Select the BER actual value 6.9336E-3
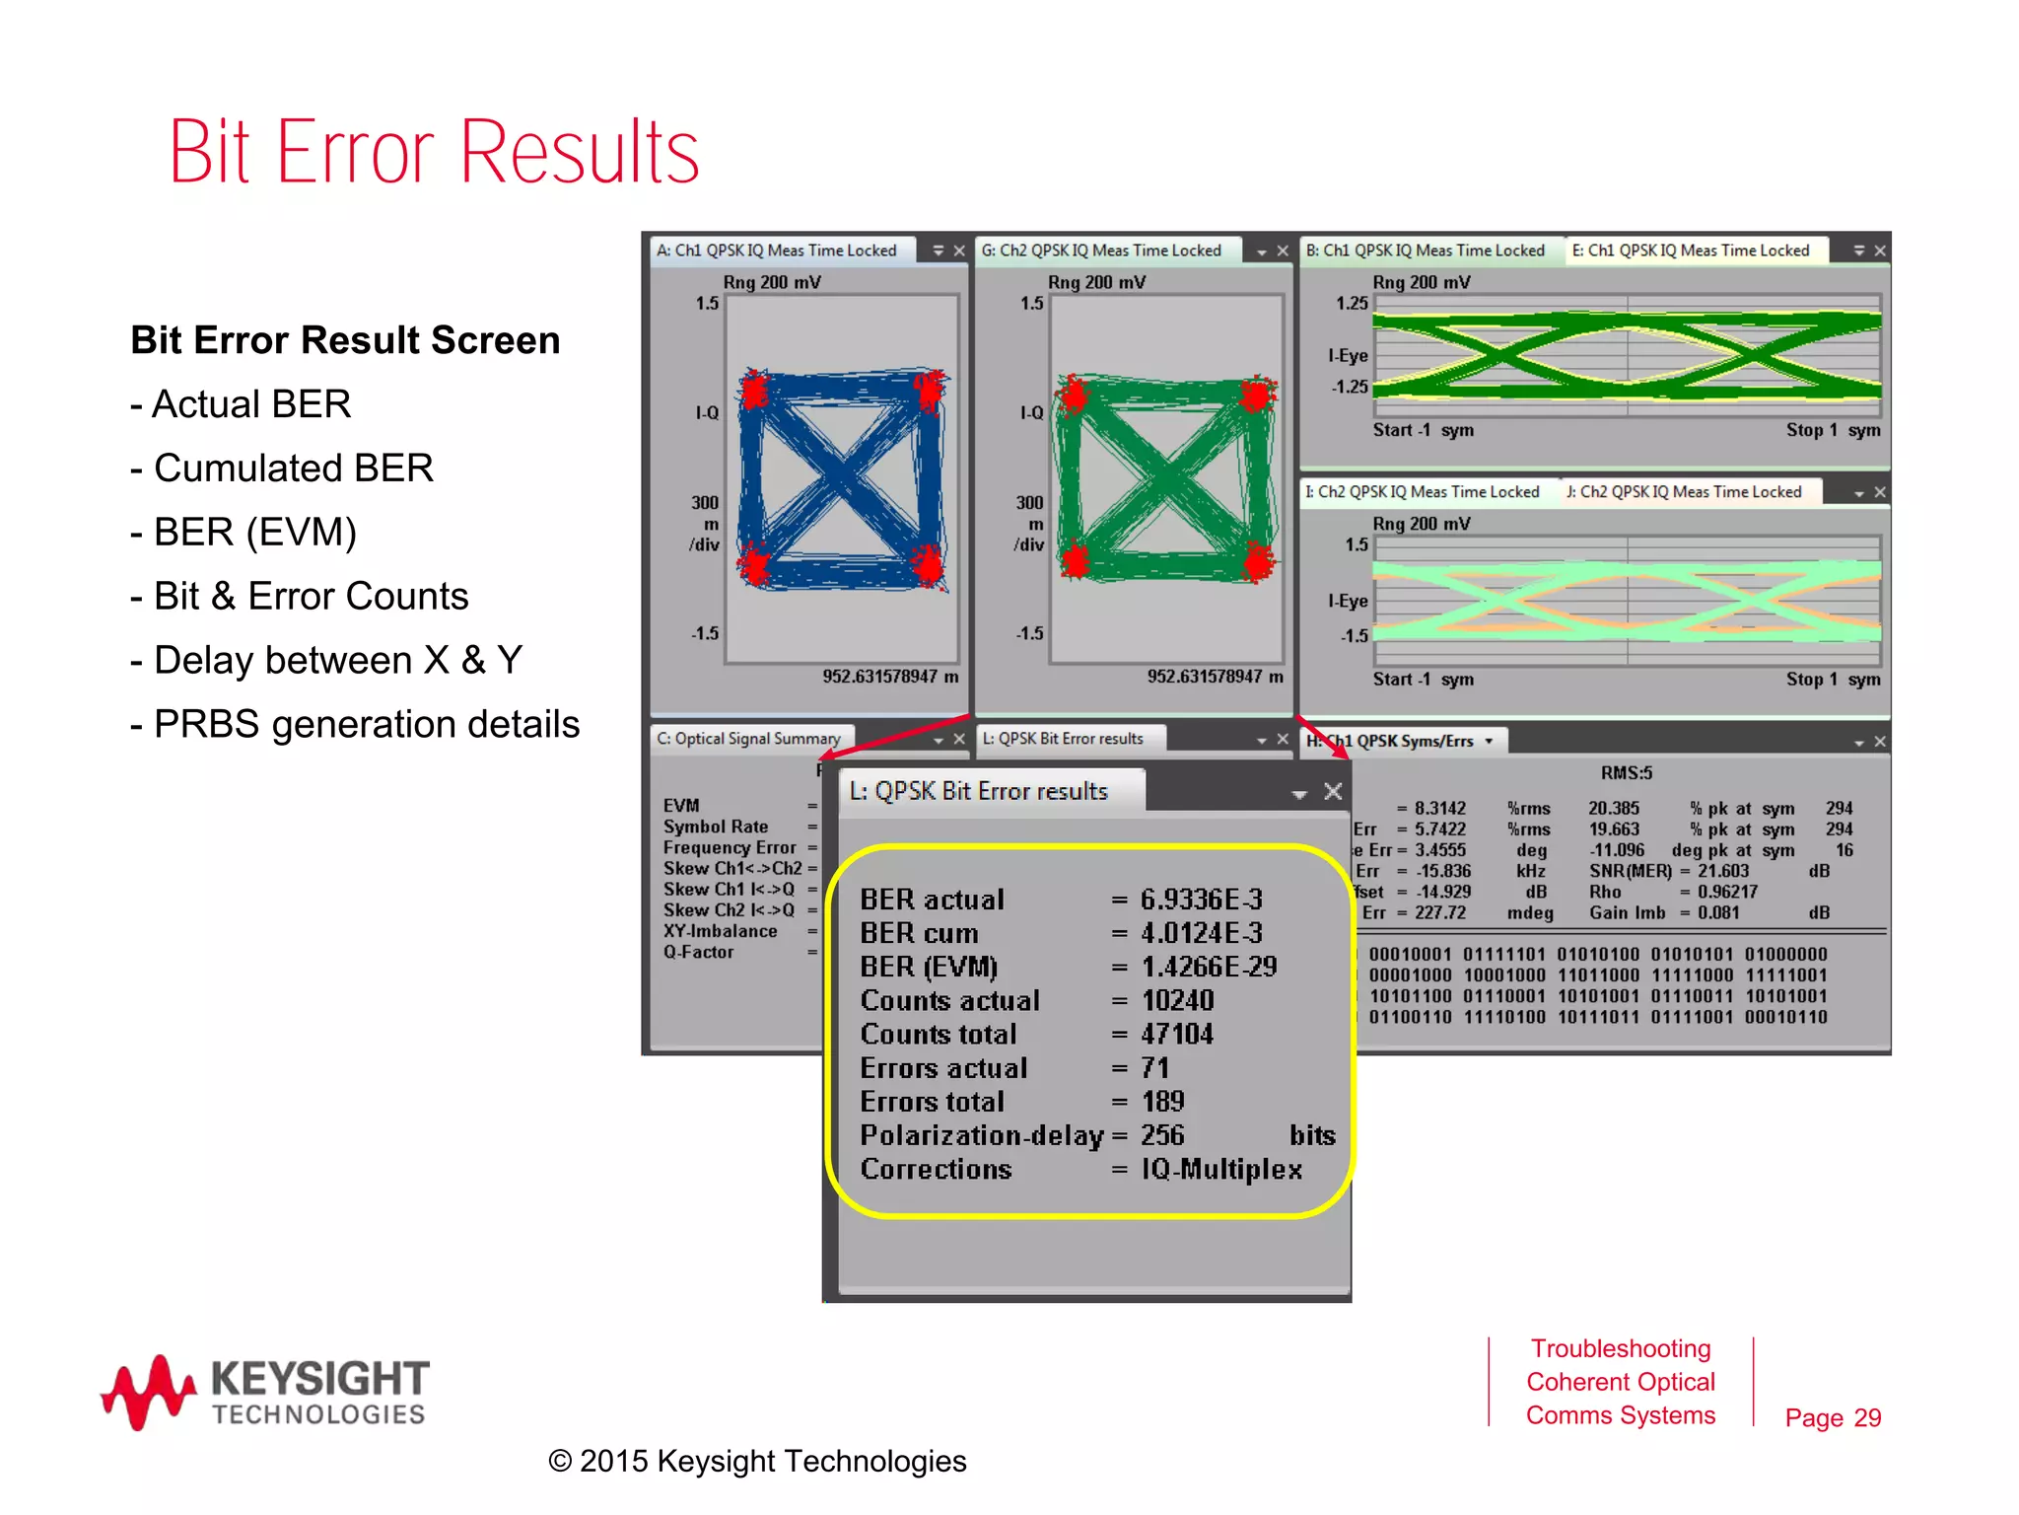[x=1201, y=900]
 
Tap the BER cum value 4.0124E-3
[x=1201, y=933]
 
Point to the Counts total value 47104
[x=1177, y=1035]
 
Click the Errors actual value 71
[x=1154, y=1068]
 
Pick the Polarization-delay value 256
[x=1162, y=1135]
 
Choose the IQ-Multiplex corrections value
[x=1221, y=1170]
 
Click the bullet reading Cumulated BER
[x=293, y=469]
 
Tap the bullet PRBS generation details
[x=366, y=725]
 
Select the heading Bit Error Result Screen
[x=345, y=340]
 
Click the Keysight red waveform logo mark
[x=148, y=1392]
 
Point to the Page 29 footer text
[x=1833, y=1417]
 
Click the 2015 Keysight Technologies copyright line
[x=757, y=1461]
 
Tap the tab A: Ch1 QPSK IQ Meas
[x=777, y=251]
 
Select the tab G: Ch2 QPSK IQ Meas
[x=1101, y=251]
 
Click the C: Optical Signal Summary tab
[x=749, y=739]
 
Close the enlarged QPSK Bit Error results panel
[x=1333, y=791]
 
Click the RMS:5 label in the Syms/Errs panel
[x=1627, y=773]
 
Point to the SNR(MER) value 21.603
[x=1722, y=871]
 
